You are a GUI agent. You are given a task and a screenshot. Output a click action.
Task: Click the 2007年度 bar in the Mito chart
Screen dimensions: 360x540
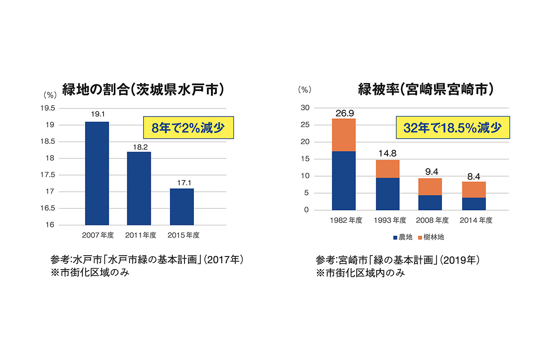(x=97, y=173)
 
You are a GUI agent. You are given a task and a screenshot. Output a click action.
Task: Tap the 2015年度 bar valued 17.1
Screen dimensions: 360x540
(x=182, y=207)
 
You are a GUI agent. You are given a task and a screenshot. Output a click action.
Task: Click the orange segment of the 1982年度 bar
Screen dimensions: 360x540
(x=344, y=135)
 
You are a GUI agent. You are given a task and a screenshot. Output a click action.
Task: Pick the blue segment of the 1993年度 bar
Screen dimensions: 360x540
(x=387, y=194)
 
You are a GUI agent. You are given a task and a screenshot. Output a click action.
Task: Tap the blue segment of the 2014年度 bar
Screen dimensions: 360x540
(x=473, y=204)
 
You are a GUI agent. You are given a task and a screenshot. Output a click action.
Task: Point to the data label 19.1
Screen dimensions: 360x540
(x=97, y=115)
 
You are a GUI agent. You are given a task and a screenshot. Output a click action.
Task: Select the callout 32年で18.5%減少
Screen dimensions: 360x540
(x=453, y=128)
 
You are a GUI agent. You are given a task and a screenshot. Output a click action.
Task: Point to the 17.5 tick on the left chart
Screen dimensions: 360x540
(x=47, y=175)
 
